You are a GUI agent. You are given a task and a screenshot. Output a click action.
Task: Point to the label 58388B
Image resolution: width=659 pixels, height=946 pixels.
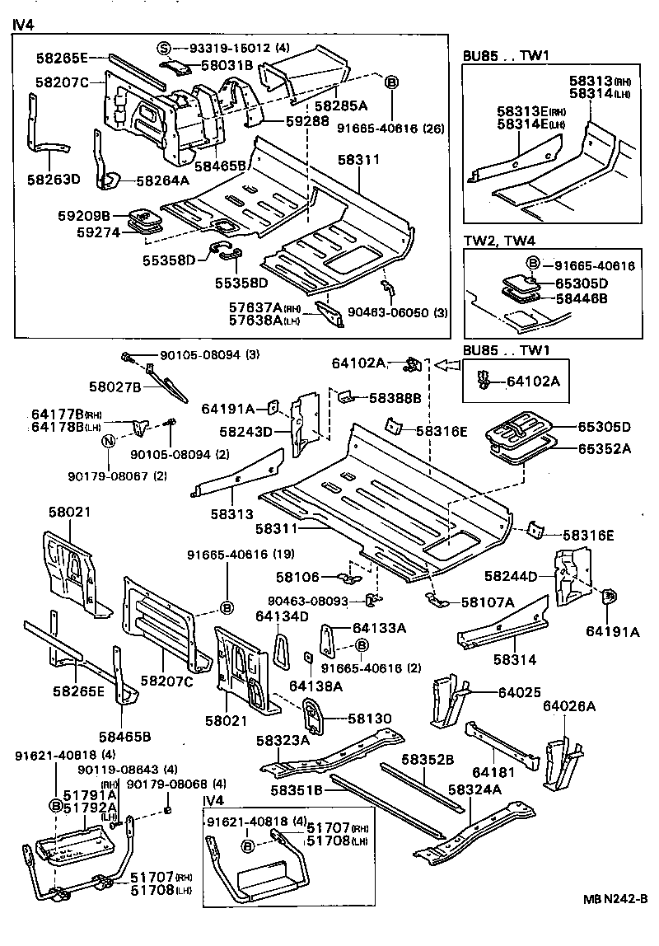click(x=395, y=398)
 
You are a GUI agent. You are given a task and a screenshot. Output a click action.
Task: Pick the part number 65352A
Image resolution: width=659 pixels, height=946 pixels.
click(x=604, y=449)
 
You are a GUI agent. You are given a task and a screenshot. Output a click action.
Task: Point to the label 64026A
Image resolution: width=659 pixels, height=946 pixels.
click(x=569, y=705)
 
